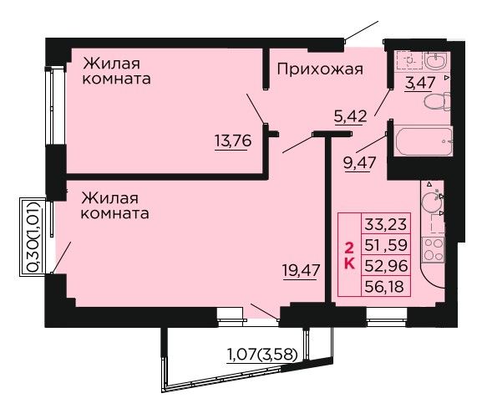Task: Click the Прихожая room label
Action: (320, 69)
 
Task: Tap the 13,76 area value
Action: (233, 141)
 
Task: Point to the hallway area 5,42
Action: (350, 116)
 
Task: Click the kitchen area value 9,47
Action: (360, 162)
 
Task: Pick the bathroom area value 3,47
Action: (420, 83)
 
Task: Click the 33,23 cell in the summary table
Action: (386, 223)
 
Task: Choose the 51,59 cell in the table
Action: (386, 245)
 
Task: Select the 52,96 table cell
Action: (386, 266)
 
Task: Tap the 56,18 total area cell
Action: (386, 286)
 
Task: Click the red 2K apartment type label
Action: (350, 256)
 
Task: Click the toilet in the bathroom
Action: (437, 101)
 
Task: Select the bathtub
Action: (423, 141)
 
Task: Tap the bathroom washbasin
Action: (437, 61)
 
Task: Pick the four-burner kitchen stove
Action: (434, 249)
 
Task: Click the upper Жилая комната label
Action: (116, 71)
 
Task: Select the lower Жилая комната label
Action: (115, 206)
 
